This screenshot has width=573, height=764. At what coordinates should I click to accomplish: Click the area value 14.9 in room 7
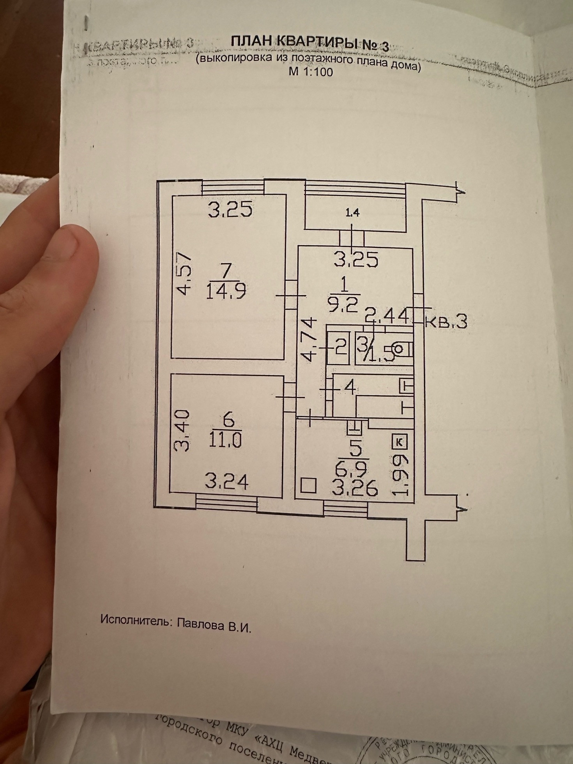(x=227, y=291)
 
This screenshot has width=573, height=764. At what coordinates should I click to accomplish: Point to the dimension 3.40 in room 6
(x=182, y=430)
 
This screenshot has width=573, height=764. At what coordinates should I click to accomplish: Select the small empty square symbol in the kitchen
(x=308, y=486)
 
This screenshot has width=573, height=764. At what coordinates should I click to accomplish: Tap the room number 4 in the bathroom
(x=350, y=388)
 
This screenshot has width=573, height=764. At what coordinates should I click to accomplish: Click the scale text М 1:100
(x=311, y=72)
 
